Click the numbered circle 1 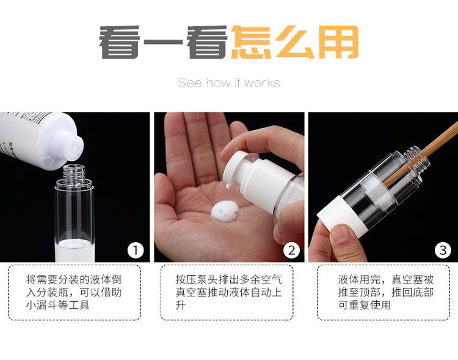tap(136, 251)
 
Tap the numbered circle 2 tap(291, 251)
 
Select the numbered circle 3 tap(443, 251)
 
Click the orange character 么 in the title tap(295, 42)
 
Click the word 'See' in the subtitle tap(190, 83)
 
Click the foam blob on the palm tap(225, 211)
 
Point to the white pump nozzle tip tap(228, 185)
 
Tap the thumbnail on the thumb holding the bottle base tap(341, 233)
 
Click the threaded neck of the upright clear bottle tap(74, 172)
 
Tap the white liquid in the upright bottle tap(75, 251)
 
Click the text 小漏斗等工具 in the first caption tap(58, 305)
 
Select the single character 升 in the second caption tap(181, 305)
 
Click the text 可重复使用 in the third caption tap(364, 305)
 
